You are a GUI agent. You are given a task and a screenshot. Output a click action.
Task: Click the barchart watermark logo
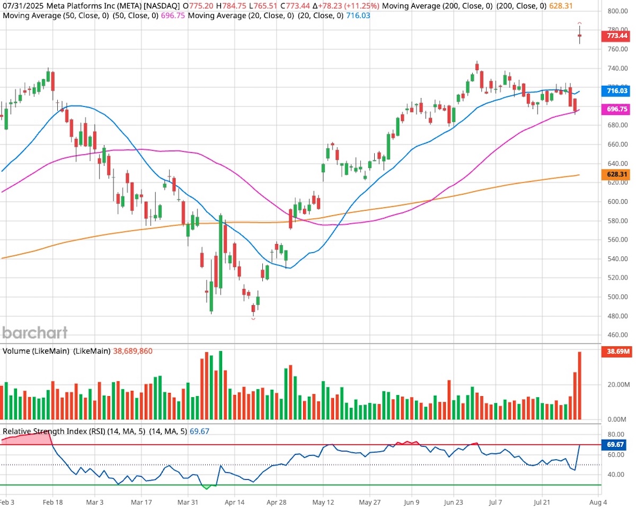(35, 333)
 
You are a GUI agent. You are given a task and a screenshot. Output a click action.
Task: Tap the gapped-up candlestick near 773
(580, 36)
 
